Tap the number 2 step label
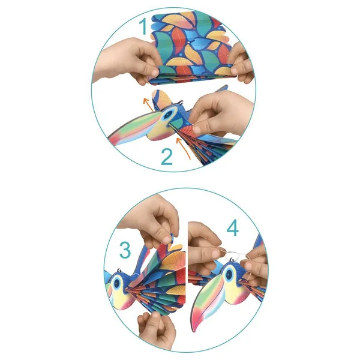[x=167, y=157]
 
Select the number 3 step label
[x=125, y=250]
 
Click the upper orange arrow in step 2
[x=148, y=104]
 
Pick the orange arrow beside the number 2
[x=183, y=148]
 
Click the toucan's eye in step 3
[x=116, y=283]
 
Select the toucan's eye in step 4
[x=229, y=275]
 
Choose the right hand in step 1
[x=242, y=64]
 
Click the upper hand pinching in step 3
[x=152, y=220]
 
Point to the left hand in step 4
[x=203, y=248]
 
